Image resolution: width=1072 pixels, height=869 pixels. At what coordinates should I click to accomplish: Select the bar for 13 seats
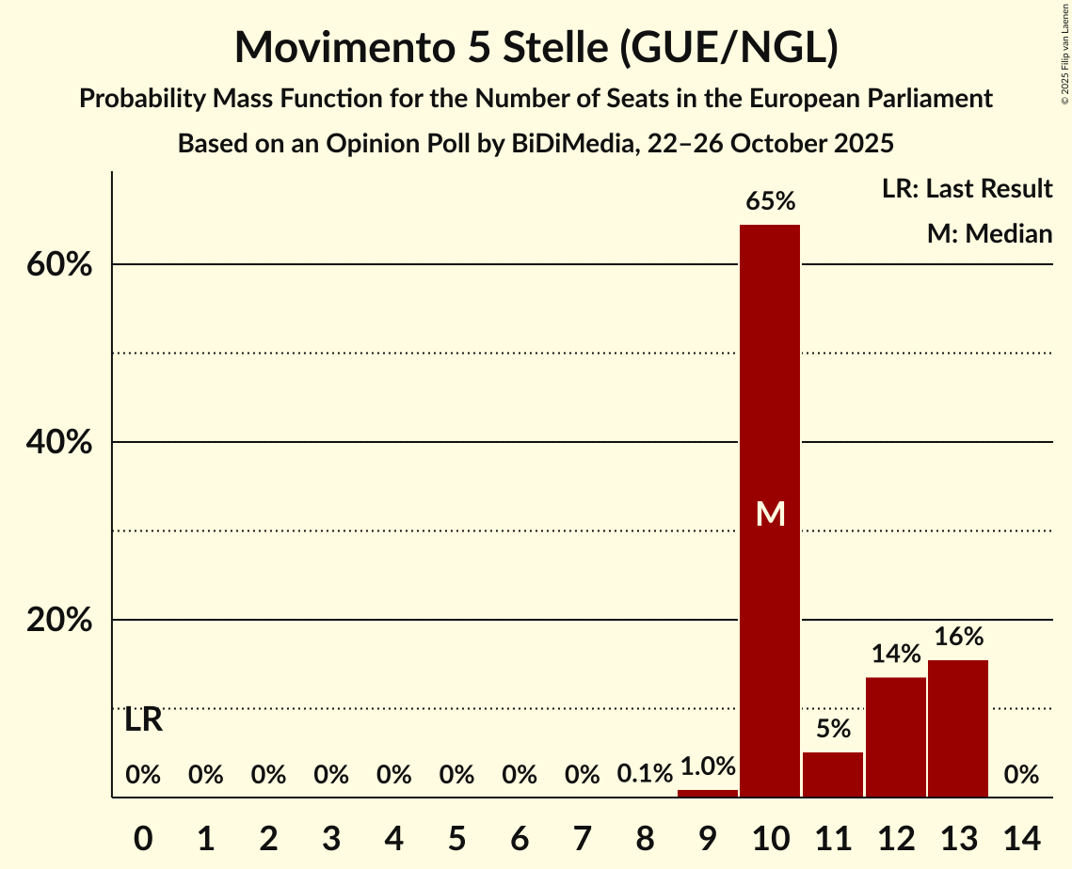(958, 729)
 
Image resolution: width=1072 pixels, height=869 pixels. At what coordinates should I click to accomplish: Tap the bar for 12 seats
(895, 737)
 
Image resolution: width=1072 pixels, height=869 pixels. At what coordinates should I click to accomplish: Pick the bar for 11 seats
(833, 775)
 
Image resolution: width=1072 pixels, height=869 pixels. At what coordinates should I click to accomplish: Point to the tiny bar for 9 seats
(708, 794)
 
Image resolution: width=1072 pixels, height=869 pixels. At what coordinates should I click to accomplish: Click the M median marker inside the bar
(770, 513)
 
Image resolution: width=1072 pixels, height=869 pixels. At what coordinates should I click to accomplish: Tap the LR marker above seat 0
(143, 720)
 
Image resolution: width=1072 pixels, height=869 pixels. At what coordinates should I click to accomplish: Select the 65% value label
(770, 201)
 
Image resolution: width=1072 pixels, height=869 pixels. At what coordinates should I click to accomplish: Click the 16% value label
(958, 637)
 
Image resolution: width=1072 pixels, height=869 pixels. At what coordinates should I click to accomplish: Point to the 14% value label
(895, 654)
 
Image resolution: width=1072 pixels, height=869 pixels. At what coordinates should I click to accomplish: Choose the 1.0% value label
(708, 766)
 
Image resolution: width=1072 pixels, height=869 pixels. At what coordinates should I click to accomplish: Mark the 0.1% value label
(645, 774)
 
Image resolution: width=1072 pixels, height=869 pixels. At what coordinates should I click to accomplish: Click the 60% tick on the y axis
(58, 265)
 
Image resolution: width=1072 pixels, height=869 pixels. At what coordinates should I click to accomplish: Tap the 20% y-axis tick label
(58, 621)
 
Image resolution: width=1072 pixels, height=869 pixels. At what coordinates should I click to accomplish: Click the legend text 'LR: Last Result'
(967, 189)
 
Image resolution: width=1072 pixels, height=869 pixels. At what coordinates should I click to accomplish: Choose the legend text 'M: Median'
(989, 233)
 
